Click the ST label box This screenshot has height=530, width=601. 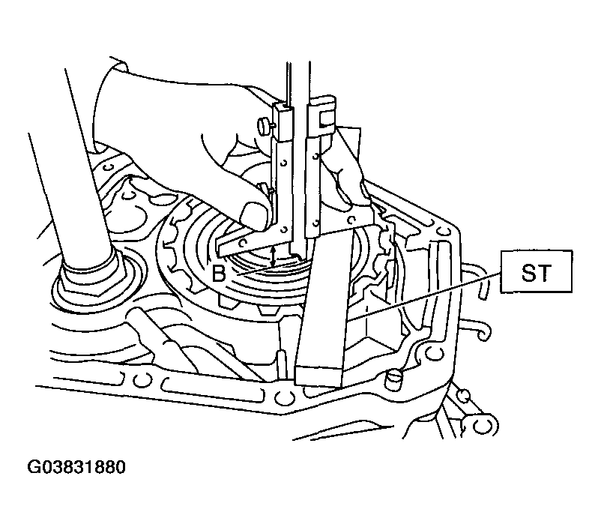536,271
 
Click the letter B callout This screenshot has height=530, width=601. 219,274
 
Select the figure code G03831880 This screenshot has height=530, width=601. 76,468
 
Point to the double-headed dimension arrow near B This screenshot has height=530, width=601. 273,256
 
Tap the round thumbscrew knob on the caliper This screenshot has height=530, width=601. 264,126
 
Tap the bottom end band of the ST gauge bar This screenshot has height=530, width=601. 318,376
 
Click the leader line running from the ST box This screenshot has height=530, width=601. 423,295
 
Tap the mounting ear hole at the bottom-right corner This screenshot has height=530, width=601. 480,425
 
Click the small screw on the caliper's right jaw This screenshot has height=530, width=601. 350,220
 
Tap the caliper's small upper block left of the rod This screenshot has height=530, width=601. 284,122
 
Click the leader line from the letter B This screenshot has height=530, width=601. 265,268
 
